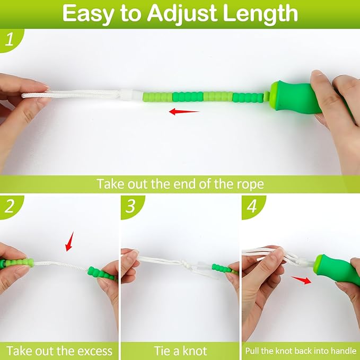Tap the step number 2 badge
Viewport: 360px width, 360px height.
(x=9, y=207)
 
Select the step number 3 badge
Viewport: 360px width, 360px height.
(x=130, y=207)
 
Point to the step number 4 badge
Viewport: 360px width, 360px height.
(x=251, y=207)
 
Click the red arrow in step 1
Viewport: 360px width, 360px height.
(x=184, y=112)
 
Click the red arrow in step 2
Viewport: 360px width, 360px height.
(x=69, y=243)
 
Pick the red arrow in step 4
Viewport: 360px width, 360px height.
(x=301, y=280)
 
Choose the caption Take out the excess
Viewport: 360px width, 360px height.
(x=59, y=350)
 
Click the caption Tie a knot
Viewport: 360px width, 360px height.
(x=180, y=350)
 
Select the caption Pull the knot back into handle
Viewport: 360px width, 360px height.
(x=300, y=350)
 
